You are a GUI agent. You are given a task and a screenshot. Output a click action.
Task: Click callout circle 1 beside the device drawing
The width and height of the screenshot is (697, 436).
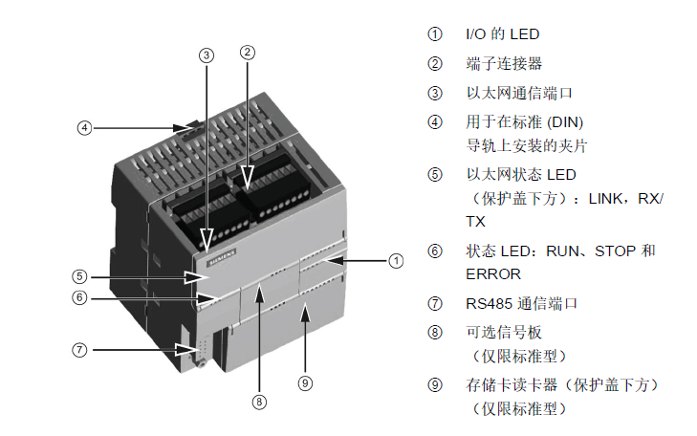396,259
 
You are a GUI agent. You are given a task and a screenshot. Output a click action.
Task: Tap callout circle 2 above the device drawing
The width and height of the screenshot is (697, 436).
247,53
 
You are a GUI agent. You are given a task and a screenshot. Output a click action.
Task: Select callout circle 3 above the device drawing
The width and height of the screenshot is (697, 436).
206,54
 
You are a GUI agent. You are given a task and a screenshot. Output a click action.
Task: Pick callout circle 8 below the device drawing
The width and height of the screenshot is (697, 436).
259,402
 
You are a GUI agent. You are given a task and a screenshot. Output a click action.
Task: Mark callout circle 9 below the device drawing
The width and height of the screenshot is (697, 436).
305,382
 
